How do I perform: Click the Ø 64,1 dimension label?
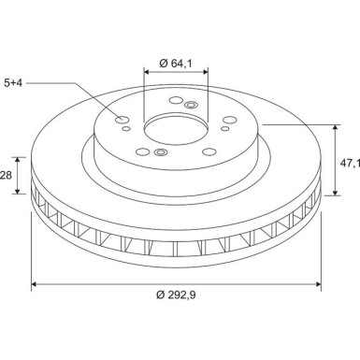(x=176, y=63)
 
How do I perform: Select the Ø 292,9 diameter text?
(x=177, y=297)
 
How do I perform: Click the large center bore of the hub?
(x=176, y=128)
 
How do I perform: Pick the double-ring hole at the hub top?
(x=191, y=105)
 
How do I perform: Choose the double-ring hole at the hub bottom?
(x=160, y=151)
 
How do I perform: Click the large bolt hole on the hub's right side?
(x=228, y=121)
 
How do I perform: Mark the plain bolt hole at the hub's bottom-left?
(x=140, y=150)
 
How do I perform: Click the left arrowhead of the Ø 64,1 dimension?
(x=146, y=73)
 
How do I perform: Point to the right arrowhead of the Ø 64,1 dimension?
(x=207, y=73)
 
